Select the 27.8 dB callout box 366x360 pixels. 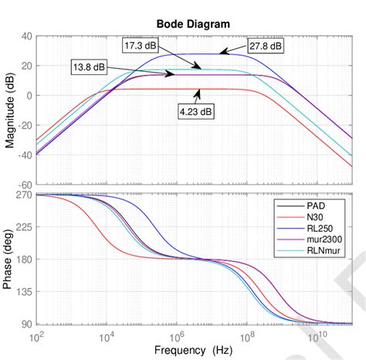(265, 46)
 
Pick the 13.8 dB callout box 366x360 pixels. (90, 68)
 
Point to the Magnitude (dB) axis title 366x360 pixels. (9, 110)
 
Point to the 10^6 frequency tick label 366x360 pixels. (176, 335)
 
